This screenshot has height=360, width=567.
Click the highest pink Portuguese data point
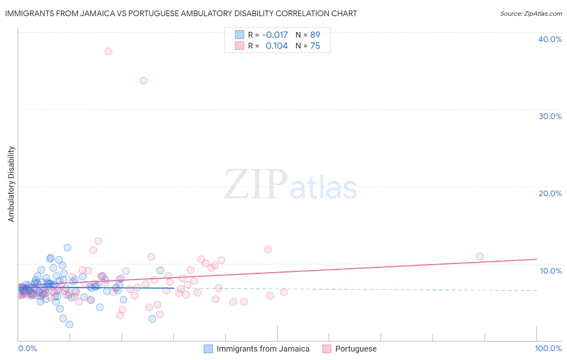click(x=108, y=51)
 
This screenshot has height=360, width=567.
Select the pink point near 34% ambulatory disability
click(x=144, y=81)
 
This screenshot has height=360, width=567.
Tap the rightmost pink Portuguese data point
click(x=479, y=256)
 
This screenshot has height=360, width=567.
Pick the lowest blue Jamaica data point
click(x=69, y=324)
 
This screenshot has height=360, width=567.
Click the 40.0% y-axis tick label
click(x=550, y=39)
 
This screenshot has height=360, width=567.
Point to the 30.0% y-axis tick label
click(x=550, y=116)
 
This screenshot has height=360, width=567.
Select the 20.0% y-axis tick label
click(x=550, y=193)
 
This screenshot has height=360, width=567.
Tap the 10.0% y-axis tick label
click(x=551, y=271)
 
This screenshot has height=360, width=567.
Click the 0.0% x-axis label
click(x=27, y=348)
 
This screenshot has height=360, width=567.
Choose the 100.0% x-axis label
click(x=548, y=348)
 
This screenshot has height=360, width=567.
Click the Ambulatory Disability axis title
click(x=11, y=184)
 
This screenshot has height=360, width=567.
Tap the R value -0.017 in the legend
click(x=275, y=35)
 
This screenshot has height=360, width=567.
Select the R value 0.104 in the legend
click(x=277, y=46)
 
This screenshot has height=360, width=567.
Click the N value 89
click(x=315, y=35)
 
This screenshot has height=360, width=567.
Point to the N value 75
click(x=315, y=46)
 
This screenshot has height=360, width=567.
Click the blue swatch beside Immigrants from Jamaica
click(x=208, y=349)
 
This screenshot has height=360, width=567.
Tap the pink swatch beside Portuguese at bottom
click(x=327, y=349)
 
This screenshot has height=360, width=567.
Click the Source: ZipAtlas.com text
click(x=531, y=13)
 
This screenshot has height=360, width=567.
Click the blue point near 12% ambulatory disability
click(x=67, y=248)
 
